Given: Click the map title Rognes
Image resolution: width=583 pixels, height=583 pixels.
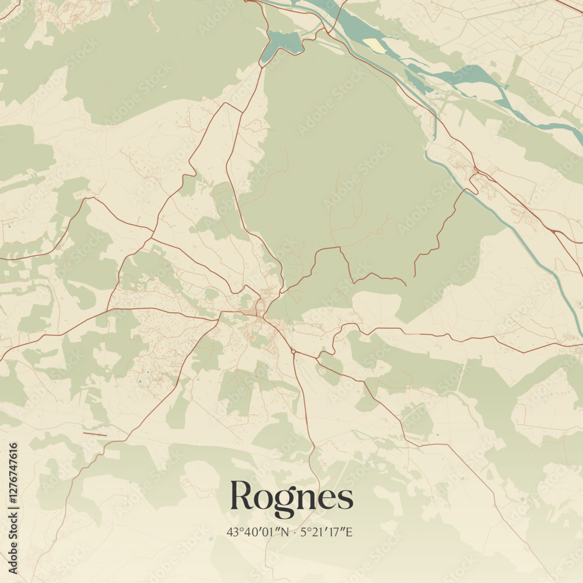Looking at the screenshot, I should pyautogui.click(x=291, y=497).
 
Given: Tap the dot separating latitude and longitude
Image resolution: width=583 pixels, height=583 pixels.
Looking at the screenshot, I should pyautogui.click(x=295, y=532).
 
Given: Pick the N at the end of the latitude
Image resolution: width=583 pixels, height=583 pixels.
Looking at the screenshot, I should pyautogui.click(x=284, y=532).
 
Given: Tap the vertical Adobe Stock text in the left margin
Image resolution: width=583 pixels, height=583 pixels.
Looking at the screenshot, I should pyautogui.click(x=13, y=540).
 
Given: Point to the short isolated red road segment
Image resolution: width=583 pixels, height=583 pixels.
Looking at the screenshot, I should pyautogui.click(x=94, y=434).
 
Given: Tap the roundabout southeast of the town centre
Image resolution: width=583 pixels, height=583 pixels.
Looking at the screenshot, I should pyautogui.click(x=293, y=352).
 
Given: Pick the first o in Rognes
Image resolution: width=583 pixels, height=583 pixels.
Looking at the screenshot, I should pyautogui.click(x=262, y=499).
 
